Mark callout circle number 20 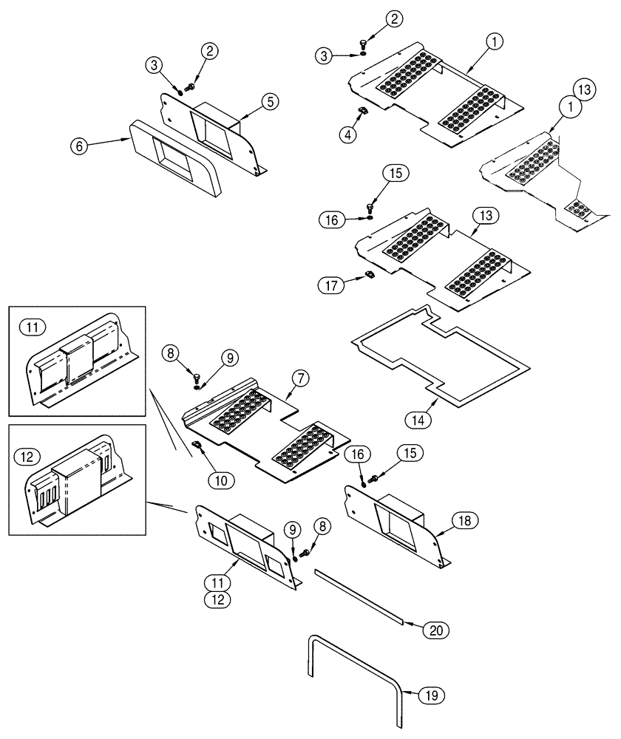point(435,630)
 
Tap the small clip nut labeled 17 point(369,276)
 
